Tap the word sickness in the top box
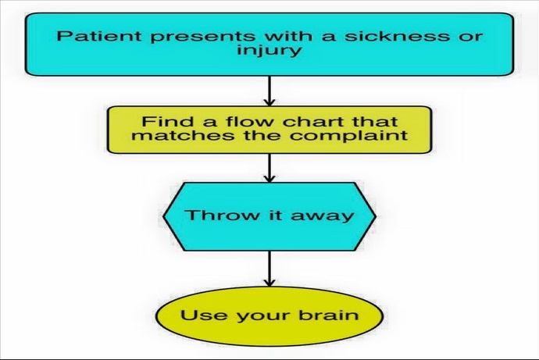click(397, 36)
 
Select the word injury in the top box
click(269, 51)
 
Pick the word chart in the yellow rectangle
click(311, 121)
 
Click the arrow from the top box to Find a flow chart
click(269, 91)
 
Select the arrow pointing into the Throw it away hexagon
click(269, 168)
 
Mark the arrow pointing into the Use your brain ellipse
click(269, 269)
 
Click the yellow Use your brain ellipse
click(269, 316)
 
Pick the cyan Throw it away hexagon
click(269, 216)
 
